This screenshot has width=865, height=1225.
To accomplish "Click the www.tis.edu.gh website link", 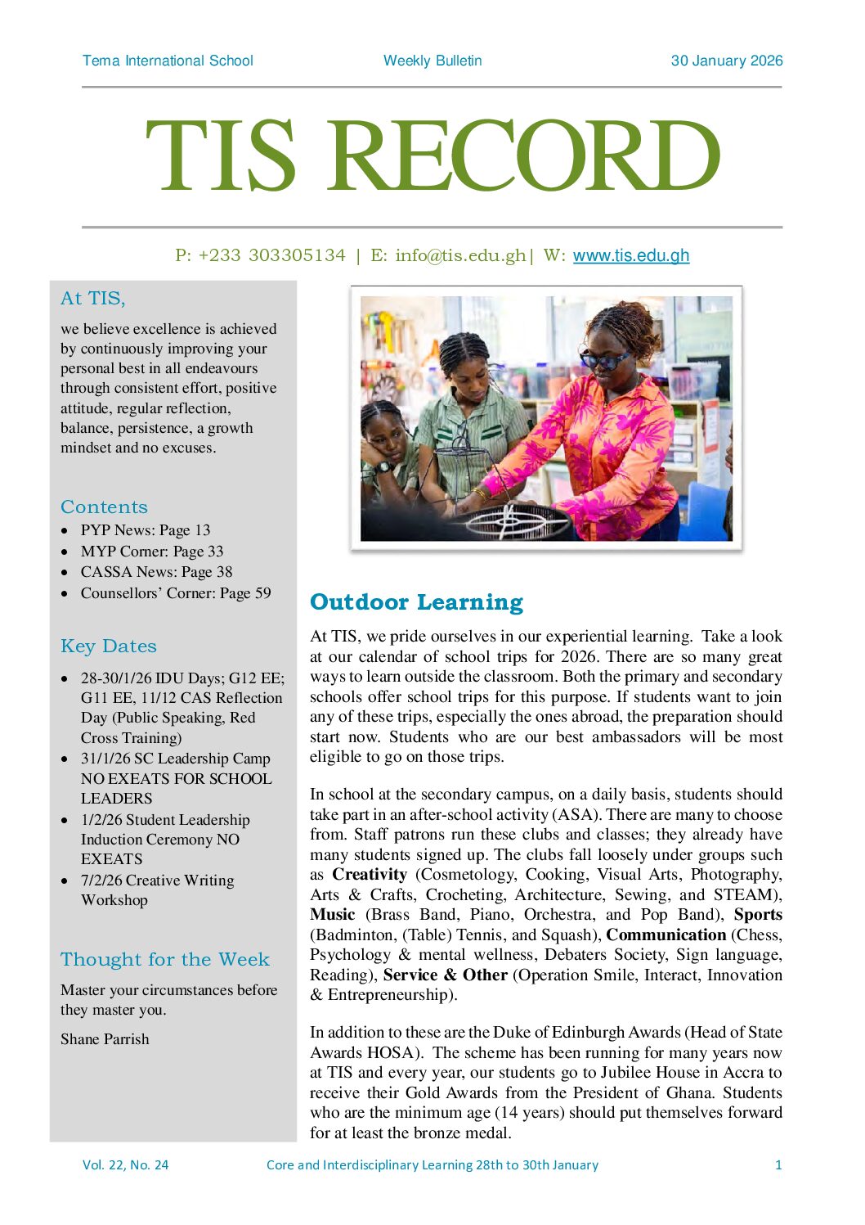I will tap(630, 255).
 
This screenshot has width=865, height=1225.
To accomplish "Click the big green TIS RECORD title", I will tap(432, 156).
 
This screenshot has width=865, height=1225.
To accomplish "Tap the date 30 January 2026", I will tap(726, 61).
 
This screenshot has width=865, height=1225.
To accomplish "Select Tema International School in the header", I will tap(168, 61).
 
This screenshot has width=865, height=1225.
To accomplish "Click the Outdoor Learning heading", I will tap(416, 602).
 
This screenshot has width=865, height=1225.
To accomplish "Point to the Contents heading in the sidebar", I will tap(104, 507).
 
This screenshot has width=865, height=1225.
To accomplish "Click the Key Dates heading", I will tap(108, 646).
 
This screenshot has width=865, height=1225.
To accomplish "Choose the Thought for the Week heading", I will tap(164, 959).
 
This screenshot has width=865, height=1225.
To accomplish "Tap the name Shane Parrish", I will tap(105, 1038).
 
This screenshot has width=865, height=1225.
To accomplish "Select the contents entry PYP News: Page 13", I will tap(145, 530).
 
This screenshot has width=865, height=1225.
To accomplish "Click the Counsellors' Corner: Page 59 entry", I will tap(175, 592).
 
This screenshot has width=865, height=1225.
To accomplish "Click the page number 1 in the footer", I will tap(778, 1164).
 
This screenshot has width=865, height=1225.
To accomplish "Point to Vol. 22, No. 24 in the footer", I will tap(125, 1164).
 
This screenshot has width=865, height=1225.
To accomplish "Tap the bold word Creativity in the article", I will tap(370, 874).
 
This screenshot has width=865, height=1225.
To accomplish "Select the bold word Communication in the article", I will tap(666, 935).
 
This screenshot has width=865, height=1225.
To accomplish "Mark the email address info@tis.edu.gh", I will tap(460, 255).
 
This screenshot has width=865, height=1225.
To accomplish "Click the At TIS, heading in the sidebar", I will tap(92, 299).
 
